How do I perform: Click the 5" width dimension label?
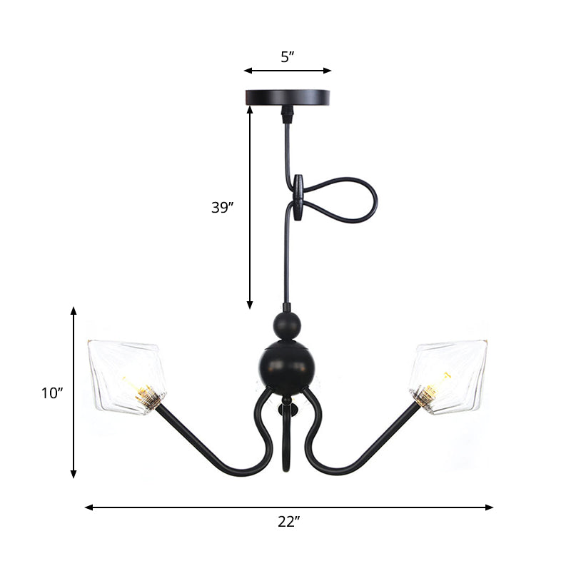tap(287, 57)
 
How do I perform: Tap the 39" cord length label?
tap(223, 208)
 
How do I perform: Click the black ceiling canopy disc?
tap(288, 96)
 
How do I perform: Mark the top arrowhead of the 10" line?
tap(74, 311)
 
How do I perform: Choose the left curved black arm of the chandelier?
tap(214, 450)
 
